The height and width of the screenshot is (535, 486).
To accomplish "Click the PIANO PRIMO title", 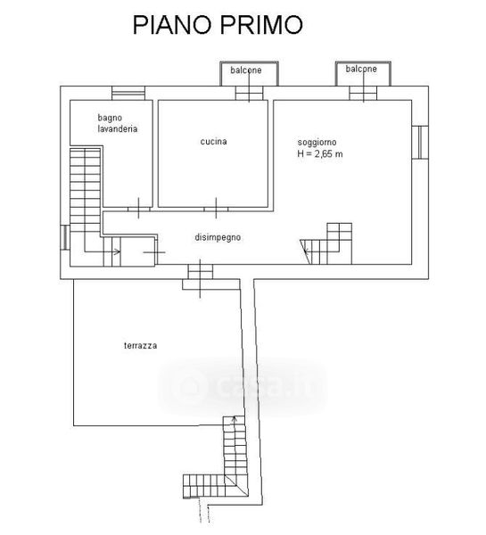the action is tap(218, 25).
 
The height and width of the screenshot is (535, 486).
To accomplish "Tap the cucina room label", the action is tap(214, 141).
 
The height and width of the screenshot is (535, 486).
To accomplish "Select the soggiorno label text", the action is tap(317, 143).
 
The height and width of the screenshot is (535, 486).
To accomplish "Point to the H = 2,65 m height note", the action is tap(320, 154).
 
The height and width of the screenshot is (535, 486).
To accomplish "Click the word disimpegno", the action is tap(218, 237).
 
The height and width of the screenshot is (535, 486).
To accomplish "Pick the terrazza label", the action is tap(141, 346).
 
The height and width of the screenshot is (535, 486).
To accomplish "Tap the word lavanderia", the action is tap(118, 129).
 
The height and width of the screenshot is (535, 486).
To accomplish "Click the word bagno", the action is tap(110, 118).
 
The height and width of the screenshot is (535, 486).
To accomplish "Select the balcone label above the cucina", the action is tap(246, 70).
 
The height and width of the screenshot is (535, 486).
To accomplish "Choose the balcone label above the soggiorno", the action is tap(361, 69).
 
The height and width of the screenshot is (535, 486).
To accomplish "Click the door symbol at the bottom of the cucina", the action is tap(216, 208).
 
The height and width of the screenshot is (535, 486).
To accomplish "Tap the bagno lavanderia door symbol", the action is tap(138, 208).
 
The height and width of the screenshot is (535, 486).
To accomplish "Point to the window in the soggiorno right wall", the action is tap(420, 143).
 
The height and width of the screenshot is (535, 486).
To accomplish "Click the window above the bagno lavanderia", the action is tap(128, 93).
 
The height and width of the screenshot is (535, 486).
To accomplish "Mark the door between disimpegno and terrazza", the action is tap(201, 272).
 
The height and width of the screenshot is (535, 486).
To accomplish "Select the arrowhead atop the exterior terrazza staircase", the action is tap(235, 418).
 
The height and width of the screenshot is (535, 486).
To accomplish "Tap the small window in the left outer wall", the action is tap(65, 237).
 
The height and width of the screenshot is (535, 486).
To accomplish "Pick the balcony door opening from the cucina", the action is tap(249, 93).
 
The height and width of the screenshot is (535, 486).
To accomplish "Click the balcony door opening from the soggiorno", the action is tap(363, 93).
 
